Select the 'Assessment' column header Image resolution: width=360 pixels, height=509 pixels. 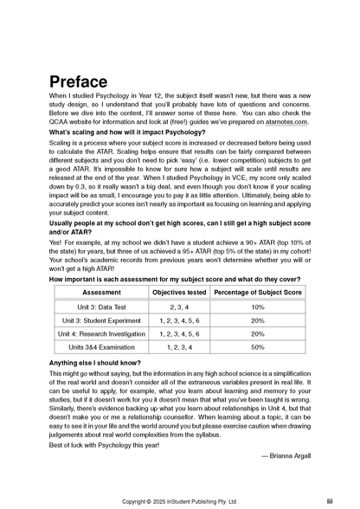(101, 293)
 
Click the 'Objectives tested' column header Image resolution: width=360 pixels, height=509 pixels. (179, 293)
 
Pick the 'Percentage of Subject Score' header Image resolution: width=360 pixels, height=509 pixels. (257, 293)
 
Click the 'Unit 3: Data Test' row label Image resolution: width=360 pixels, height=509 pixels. (101, 307)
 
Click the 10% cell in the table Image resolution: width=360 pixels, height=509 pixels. (257, 307)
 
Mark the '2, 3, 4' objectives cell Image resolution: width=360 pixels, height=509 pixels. (179, 307)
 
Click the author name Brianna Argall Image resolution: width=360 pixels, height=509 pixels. (286, 454)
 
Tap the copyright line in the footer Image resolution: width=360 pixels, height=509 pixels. (179, 500)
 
